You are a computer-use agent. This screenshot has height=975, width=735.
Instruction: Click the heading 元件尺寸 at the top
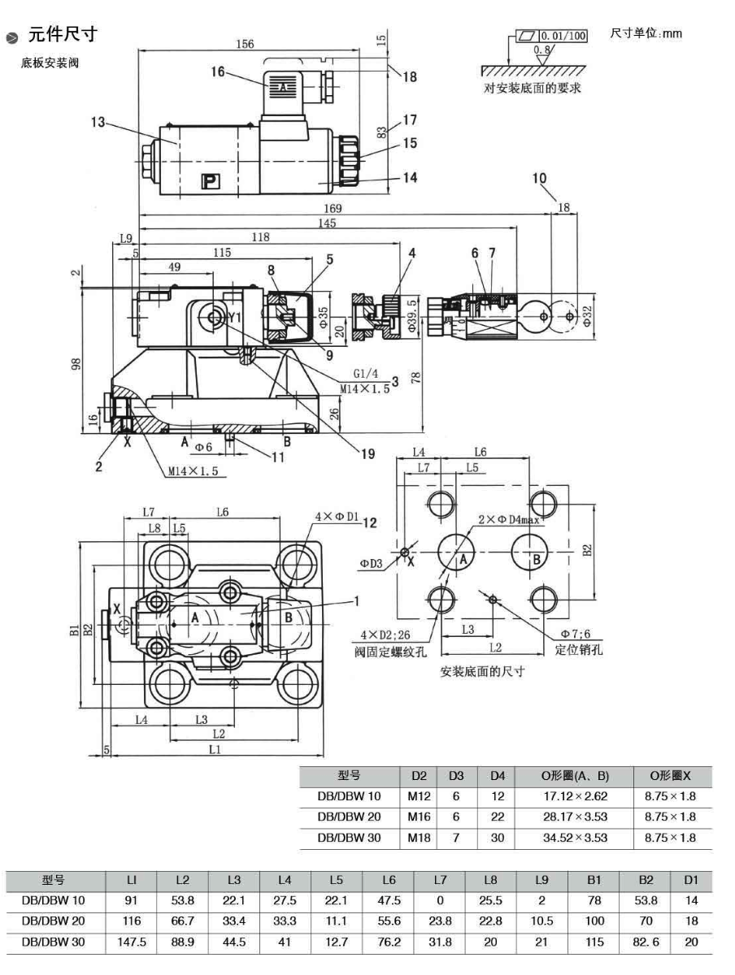(63, 34)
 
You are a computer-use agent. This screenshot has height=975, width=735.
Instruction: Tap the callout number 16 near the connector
(216, 71)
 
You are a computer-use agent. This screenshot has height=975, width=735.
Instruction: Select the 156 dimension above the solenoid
(244, 44)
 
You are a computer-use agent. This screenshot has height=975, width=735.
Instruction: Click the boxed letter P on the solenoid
(209, 181)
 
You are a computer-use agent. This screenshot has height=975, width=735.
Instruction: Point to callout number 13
(98, 122)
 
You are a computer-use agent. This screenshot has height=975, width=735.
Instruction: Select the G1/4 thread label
(364, 375)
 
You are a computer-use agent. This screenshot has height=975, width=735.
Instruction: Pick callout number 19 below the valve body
(368, 455)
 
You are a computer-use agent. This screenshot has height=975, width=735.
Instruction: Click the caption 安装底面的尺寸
(482, 671)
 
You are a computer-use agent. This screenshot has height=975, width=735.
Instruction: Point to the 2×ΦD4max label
(508, 520)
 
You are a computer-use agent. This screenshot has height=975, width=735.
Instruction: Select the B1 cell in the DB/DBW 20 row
(594, 921)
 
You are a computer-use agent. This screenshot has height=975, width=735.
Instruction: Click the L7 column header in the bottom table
(440, 880)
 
